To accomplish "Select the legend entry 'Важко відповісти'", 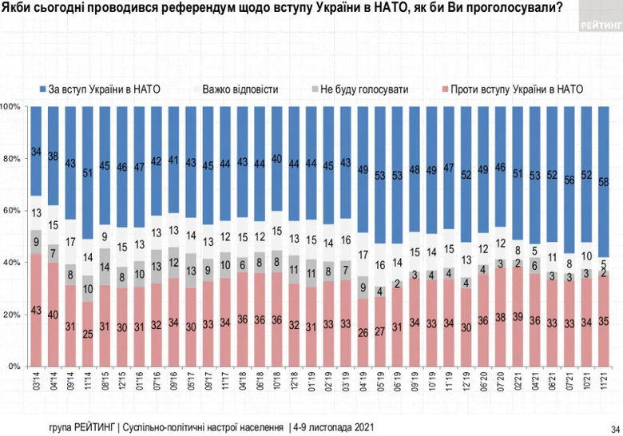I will [240, 89].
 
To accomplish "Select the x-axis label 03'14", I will [35, 382].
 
